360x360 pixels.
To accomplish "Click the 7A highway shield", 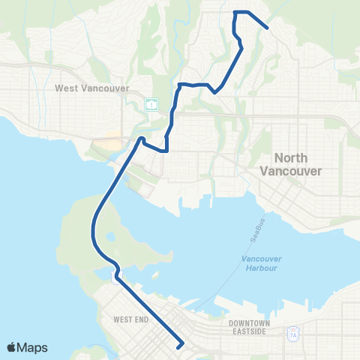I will (292, 335).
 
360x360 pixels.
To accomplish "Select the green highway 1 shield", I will (151, 103).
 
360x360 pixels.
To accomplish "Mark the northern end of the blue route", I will (268, 28).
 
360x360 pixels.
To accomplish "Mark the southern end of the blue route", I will (180, 346).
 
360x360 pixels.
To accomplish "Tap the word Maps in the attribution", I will (34, 347).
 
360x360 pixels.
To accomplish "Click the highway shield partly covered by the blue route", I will (113, 277).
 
